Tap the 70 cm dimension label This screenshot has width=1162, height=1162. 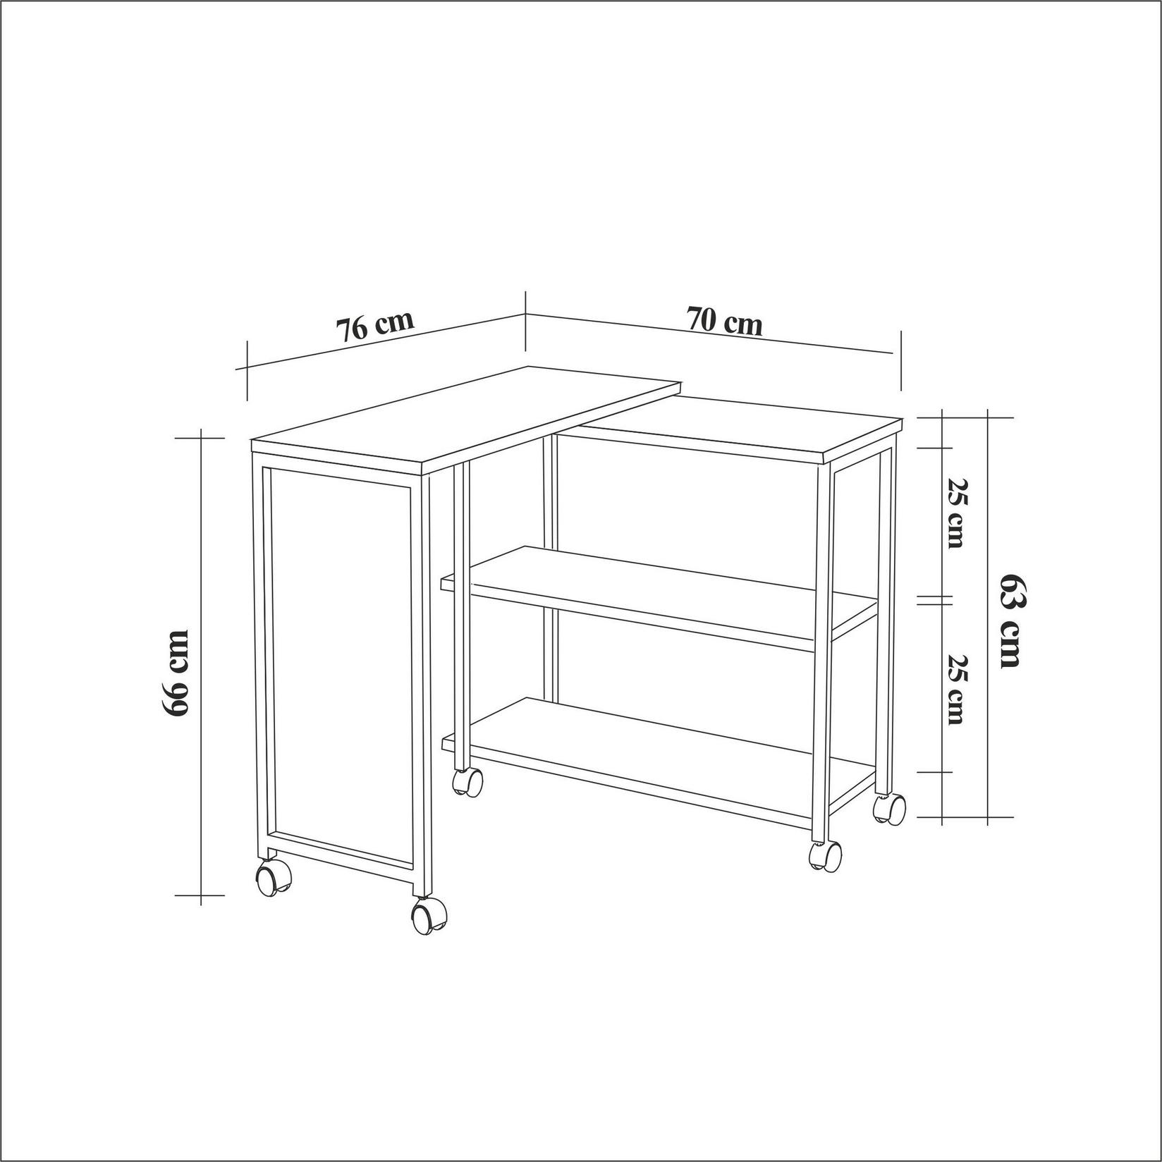[x=725, y=322]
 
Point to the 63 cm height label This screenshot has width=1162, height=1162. [x=1011, y=620]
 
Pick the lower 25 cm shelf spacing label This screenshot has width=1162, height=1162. [x=956, y=690]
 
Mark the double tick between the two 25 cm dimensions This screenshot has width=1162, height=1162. [x=934, y=600]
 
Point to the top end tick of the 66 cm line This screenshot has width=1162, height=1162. [x=201, y=438]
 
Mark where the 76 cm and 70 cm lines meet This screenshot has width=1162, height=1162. [x=525, y=314]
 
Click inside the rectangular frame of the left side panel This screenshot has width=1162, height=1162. [x=338, y=663]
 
